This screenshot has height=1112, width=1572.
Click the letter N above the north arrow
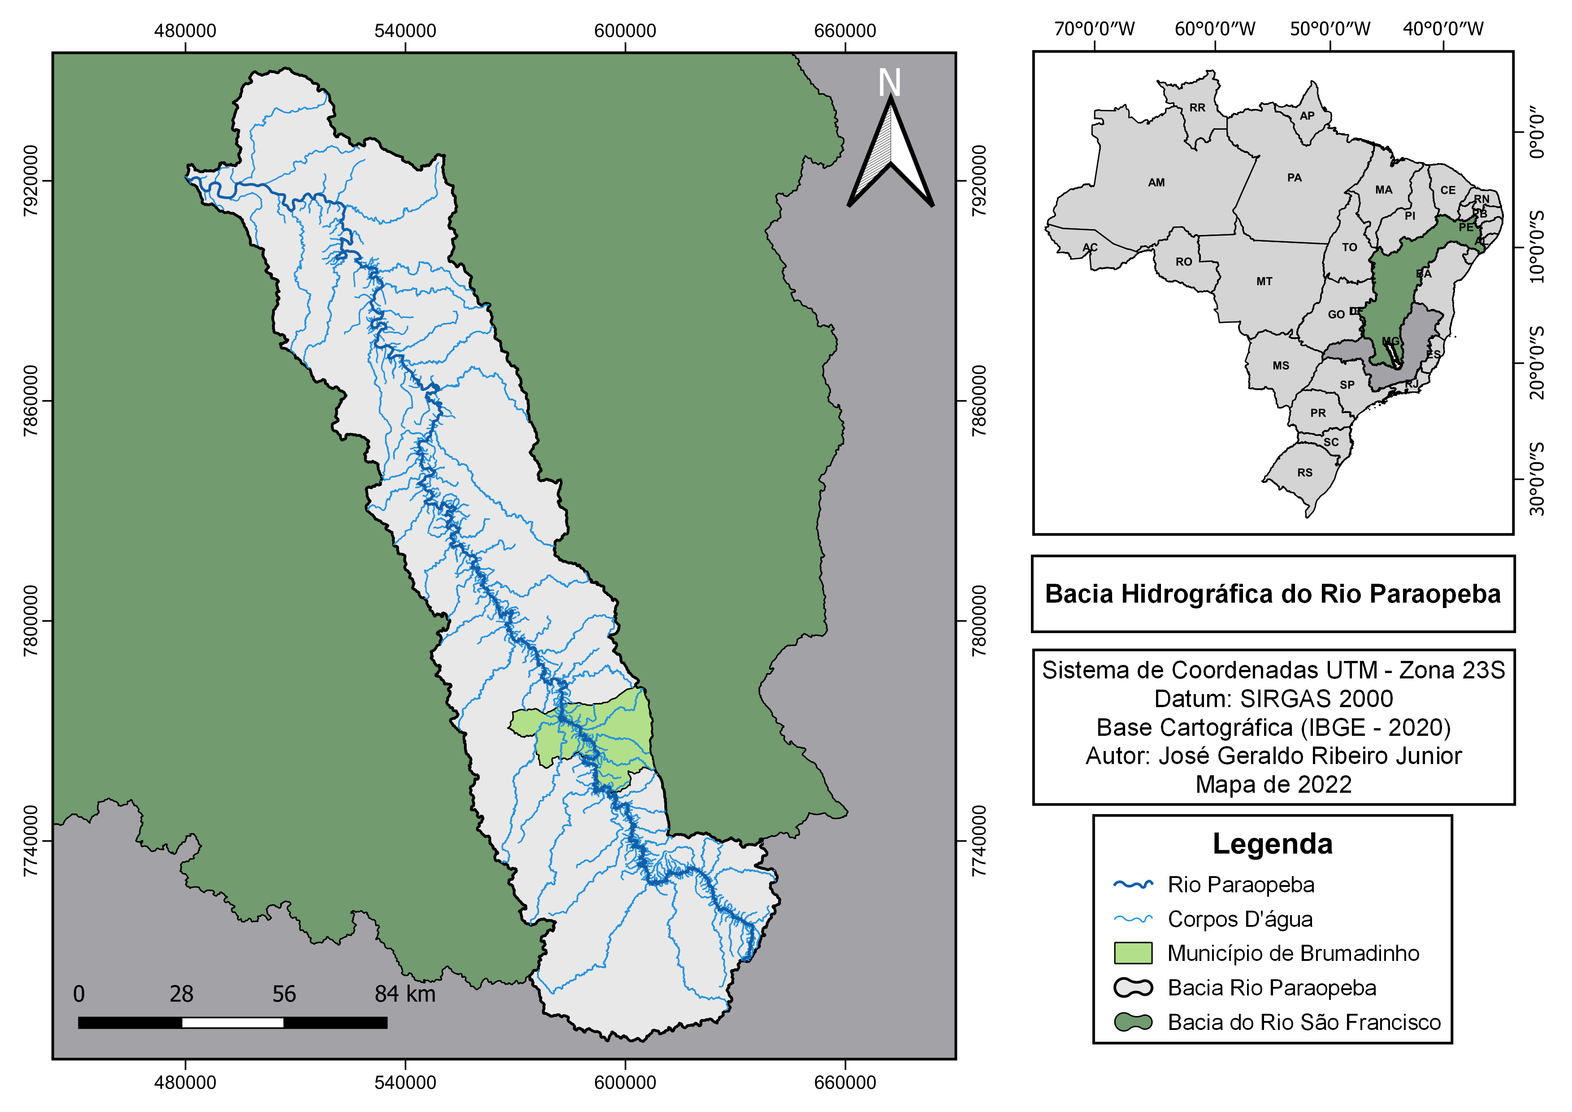(889, 83)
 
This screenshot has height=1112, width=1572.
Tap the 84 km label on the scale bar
(405, 994)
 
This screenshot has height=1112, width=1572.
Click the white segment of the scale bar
(233, 1022)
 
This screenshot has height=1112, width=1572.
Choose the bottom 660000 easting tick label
(845, 1082)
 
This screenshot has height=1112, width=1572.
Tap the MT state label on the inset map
(1264, 282)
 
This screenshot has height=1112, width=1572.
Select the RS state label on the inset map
(1304, 473)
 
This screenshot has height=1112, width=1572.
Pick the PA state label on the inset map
(1294, 178)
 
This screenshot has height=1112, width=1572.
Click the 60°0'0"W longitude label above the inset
(1215, 29)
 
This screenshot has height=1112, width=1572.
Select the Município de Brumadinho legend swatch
(1133, 953)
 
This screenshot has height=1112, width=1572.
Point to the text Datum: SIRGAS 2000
(1273, 699)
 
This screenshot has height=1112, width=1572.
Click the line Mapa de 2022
(1273, 784)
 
